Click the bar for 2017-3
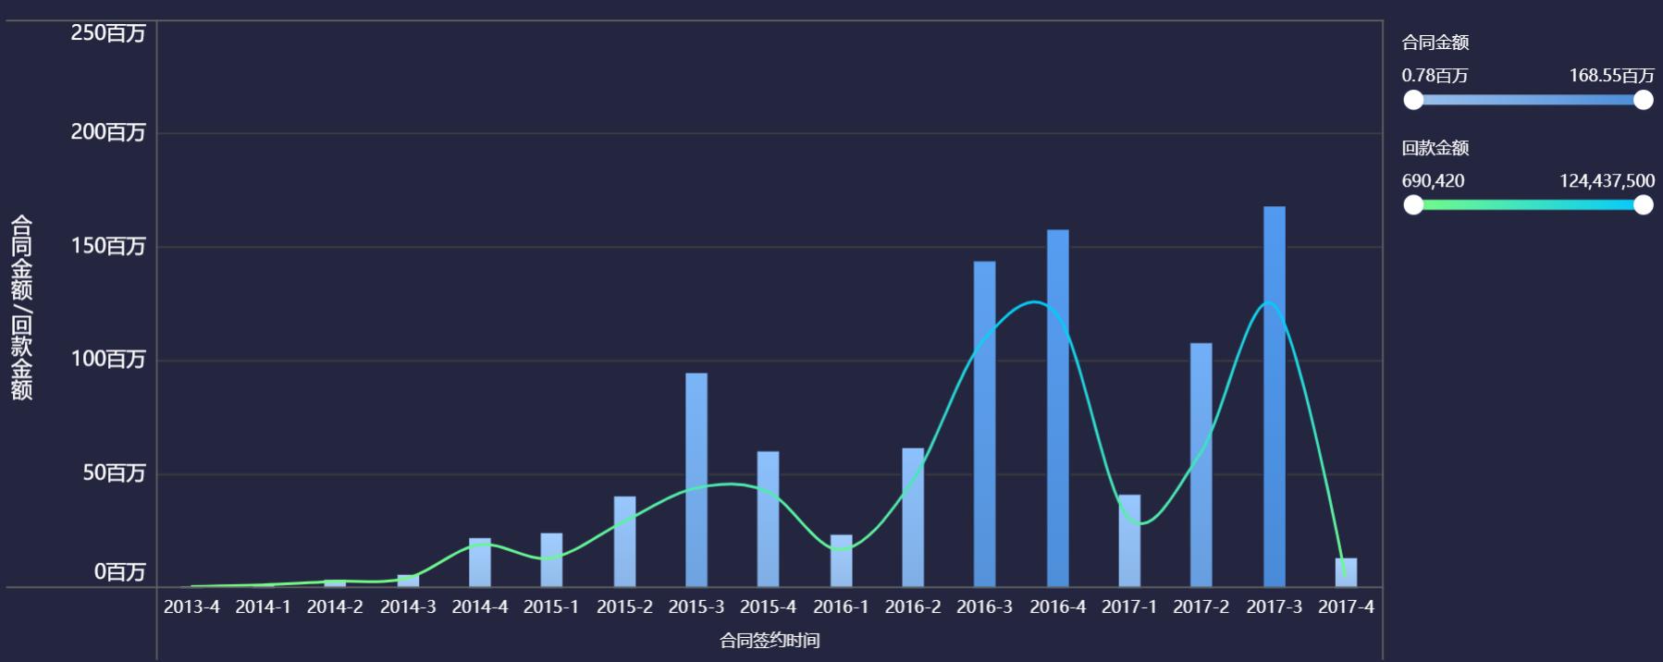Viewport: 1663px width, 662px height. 1274,398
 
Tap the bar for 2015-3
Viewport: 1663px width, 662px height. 696,480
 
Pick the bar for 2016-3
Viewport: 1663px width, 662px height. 984,424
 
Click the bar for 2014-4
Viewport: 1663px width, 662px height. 479,562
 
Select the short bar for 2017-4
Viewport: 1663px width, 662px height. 1346,572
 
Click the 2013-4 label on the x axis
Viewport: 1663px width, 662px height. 191,607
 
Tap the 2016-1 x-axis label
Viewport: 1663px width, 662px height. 841,607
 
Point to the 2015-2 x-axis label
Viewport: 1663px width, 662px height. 624,607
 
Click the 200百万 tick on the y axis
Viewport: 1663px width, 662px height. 108,132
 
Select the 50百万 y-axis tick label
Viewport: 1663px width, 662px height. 114,473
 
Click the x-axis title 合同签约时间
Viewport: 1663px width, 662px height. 770,640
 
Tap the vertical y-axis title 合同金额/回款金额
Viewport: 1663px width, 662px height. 21,308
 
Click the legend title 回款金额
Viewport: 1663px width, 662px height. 1435,148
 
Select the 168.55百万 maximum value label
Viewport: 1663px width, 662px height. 1611,76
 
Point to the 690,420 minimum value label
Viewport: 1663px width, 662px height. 1433,181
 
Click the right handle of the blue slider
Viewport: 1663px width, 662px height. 1643,100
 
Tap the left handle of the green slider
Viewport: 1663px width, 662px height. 1413,204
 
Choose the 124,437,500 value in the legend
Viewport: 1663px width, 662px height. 1607,181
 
